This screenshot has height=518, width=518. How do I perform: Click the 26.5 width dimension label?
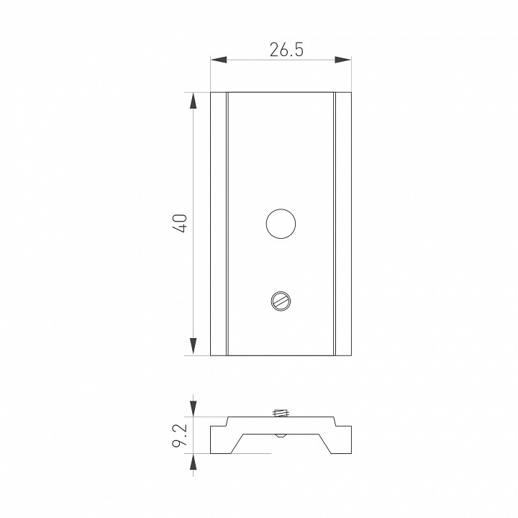[286, 50]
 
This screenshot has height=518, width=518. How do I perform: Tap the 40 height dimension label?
[181, 224]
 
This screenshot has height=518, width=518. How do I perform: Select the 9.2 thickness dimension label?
[180, 435]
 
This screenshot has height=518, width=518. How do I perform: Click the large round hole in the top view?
[281, 224]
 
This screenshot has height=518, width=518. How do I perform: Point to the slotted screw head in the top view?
[281, 301]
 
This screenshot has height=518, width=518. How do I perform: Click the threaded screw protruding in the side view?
[281, 413]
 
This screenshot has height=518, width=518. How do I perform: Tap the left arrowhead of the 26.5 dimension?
[219, 60]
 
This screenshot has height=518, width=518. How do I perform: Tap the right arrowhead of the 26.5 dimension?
[342, 60]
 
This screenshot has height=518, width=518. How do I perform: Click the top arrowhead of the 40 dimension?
[194, 101]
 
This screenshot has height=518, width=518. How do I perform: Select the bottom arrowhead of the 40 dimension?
[194, 347]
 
